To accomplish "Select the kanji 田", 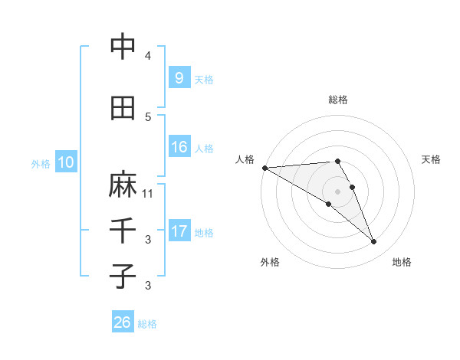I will point(123,108).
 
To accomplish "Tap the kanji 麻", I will point(123,185).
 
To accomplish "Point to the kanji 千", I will point(123,230).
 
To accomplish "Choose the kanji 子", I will point(123,276).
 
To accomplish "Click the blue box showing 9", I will point(179,77).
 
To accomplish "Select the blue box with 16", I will point(179,147).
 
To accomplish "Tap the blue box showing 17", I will point(179,231).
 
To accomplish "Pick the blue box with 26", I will point(122,322).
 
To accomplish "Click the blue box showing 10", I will point(65,162).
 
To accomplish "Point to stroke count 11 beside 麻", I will point(148,194).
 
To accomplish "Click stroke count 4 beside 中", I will point(148,56).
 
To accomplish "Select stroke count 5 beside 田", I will point(148,117).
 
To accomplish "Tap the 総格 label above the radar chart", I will point(338,100).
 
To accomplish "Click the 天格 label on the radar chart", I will point(432,159).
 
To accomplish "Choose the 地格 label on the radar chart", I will point(402,262).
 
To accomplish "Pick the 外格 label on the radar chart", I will point(270,262).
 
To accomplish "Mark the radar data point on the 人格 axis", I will point(264,167).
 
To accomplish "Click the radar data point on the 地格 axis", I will point(374,242).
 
